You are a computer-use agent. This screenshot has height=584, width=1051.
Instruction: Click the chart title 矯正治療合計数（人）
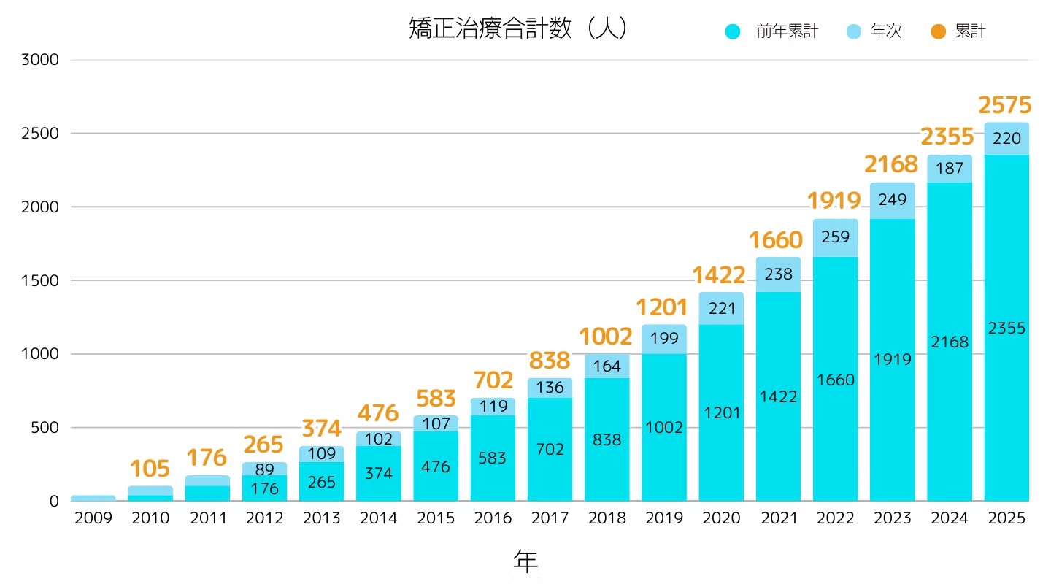pyautogui.click(x=518, y=28)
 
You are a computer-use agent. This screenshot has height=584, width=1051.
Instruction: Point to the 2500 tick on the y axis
pyautogui.click(x=39, y=134)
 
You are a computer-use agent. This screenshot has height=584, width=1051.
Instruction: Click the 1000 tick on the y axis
pyautogui.click(x=39, y=354)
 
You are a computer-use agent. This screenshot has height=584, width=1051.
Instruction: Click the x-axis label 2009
pyautogui.click(x=93, y=518)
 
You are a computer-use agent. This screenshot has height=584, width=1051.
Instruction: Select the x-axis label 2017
pyautogui.click(x=550, y=518)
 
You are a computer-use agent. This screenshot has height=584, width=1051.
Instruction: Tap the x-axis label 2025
pyautogui.click(x=1006, y=518)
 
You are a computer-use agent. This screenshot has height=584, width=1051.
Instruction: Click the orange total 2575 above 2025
pyautogui.click(x=1005, y=106)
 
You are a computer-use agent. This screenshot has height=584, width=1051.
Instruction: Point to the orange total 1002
pyautogui.click(x=606, y=337)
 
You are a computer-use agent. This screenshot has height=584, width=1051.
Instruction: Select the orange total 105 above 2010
pyautogui.click(x=150, y=469)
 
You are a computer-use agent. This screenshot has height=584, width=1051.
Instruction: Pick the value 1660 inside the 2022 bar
pyautogui.click(x=836, y=380)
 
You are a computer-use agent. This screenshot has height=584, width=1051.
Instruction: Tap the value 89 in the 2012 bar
pyautogui.click(x=265, y=470)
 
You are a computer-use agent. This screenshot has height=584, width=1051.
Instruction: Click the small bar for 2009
pyautogui.click(x=93, y=498)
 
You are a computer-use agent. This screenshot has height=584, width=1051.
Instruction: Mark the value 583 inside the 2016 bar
pyautogui.click(x=493, y=458)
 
